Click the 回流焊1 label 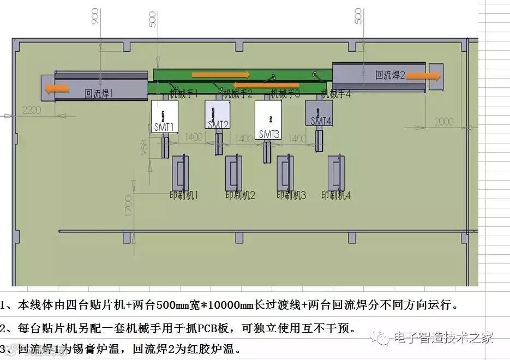pos(99,93)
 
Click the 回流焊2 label pos(389,76)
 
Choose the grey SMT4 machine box pos(320,112)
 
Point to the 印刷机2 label pos(241,195)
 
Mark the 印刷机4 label pos(335,195)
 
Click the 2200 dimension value pos(32,110)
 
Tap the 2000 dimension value pos(444,122)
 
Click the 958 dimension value pos(143,148)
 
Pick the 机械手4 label pos(335,94)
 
